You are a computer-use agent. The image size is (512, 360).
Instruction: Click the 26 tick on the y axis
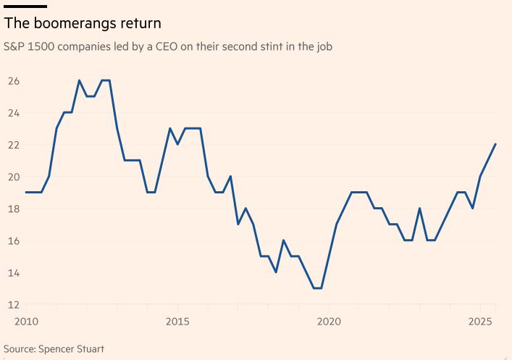(14, 80)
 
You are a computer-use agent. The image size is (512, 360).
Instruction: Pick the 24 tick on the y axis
(14, 112)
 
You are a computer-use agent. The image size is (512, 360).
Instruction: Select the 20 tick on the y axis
(14, 176)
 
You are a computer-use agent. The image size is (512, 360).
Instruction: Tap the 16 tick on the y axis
(14, 240)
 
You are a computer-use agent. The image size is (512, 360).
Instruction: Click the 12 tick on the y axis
(14, 304)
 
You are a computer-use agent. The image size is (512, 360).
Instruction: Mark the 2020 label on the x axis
(329, 321)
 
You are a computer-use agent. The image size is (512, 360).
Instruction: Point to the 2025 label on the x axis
(480, 321)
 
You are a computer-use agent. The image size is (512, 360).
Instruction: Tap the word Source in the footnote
(20, 348)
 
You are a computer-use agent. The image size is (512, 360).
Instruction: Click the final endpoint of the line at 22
(495, 144)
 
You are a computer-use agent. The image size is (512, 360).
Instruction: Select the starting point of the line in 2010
(26, 192)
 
